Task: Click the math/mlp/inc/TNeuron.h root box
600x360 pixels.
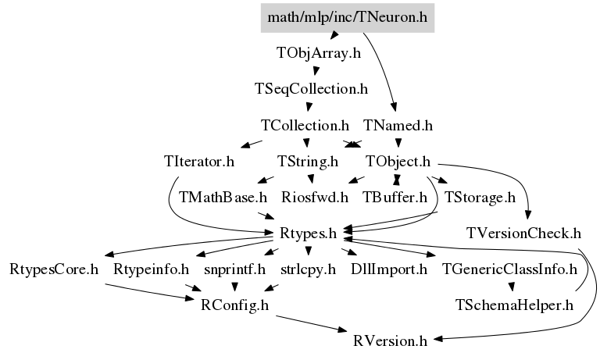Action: click(x=348, y=18)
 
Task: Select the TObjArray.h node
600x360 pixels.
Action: click(x=319, y=53)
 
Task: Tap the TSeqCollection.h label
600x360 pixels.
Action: click(x=311, y=89)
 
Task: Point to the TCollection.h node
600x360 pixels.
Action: click(x=305, y=126)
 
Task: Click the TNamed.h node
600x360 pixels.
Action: click(x=398, y=126)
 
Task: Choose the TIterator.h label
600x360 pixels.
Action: click(x=199, y=162)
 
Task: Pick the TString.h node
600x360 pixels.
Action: click(x=308, y=162)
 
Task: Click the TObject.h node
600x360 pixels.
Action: click(x=398, y=162)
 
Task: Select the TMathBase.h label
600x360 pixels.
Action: click(x=223, y=198)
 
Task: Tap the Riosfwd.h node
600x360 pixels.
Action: click(x=315, y=198)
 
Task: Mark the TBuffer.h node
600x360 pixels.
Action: click(x=395, y=198)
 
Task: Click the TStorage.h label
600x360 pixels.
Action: click(x=480, y=198)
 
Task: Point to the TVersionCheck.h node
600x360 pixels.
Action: click(x=523, y=233)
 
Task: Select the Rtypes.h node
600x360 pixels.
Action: click(x=308, y=233)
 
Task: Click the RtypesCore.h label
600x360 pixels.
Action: click(x=54, y=269)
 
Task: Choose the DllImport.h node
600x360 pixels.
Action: click(x=389, y=269)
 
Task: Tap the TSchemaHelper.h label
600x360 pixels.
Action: click(x=514, y=305)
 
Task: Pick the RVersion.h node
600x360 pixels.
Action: click(x=390, y=341)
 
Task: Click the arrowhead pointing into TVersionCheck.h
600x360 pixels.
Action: click(x=528, y=215)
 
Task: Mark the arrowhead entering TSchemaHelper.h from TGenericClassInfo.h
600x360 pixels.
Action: click(x=512, y=287)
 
